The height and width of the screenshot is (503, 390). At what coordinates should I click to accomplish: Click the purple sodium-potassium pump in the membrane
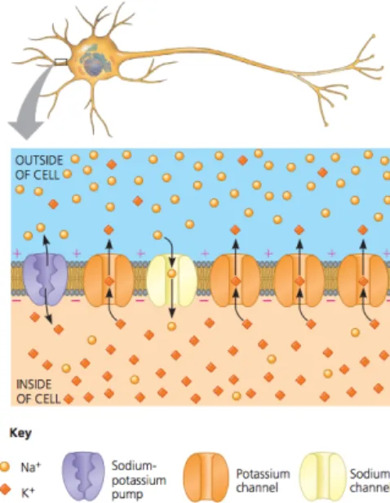(45, 279)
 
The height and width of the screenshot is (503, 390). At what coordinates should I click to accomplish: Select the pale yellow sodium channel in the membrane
(172, 280)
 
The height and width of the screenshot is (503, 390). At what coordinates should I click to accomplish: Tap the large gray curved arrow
(30, 103)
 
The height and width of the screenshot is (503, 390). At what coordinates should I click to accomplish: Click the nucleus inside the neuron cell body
(93, 64)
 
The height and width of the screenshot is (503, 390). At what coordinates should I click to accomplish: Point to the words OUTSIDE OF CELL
(38, 167)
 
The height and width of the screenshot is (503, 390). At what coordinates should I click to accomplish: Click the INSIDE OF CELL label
(38, 392)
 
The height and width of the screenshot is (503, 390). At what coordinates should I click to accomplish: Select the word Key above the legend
(20, 433)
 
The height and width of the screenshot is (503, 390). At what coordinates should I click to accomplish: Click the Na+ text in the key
(31, 467)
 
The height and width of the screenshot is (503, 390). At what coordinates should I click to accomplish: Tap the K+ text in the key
(29, 492)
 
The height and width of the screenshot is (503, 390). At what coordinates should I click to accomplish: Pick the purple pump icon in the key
(83, 476)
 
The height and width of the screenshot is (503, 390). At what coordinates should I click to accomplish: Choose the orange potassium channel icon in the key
(206, 477)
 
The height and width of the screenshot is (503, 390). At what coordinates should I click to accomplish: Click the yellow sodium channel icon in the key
(323, 477)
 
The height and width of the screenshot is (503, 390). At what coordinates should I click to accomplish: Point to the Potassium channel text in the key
(263, 480)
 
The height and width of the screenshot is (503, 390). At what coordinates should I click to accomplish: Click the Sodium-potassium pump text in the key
(139, 480)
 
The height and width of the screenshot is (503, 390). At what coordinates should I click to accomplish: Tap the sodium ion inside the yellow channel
(172, 274)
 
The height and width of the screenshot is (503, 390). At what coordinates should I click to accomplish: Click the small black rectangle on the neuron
(60, 62)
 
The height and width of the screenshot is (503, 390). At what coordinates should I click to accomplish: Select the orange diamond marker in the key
(4, 490)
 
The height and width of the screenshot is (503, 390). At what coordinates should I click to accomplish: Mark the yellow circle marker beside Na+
(4, 467)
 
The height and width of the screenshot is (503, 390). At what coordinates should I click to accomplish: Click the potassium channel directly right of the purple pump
(109, 279)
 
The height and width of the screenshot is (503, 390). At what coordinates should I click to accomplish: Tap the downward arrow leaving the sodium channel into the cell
(172, 298)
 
